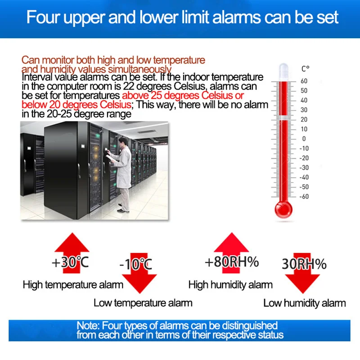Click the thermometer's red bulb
click(283, 209)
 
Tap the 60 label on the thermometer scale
click(304, 81)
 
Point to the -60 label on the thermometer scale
click(304, 197)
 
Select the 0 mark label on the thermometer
click(304, 139)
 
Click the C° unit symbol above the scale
click(306, 69)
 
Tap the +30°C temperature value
click(70, 262)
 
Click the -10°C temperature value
click(136, 264)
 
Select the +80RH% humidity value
click(232, 262)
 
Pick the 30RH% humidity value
click(304, 264)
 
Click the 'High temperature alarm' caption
click(73, 285)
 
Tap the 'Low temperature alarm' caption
click(143, 303)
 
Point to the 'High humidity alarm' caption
click(230, 285)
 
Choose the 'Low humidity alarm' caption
click(305, 303)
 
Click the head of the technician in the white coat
click(123, 141)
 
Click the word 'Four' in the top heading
click(43, 17)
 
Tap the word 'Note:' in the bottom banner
click(88, 326)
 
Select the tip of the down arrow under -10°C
click(139, 293)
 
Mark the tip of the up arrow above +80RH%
click(232, 233)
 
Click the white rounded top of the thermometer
click(283, 69)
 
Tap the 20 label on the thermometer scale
click(304, 119)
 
